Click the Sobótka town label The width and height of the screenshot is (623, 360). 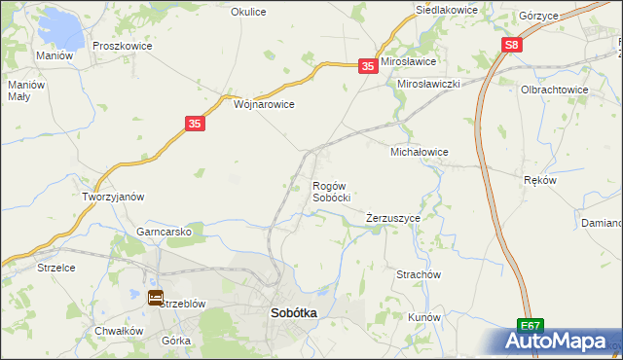tap(292, 313)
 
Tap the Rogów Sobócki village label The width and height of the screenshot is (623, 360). tap(331, 191)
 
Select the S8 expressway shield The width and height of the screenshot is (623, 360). tap(513, 46)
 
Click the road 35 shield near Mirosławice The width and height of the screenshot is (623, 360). tap(367, 66)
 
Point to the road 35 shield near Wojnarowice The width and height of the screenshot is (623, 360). tap(195, 124)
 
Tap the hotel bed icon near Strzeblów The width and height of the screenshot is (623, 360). tap(156, 298)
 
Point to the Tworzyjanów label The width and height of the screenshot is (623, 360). tap(113, 196)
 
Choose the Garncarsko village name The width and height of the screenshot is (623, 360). tap(170, 233)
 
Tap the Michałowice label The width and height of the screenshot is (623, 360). tap(419, 153)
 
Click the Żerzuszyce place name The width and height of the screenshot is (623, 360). tap(393, 218)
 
